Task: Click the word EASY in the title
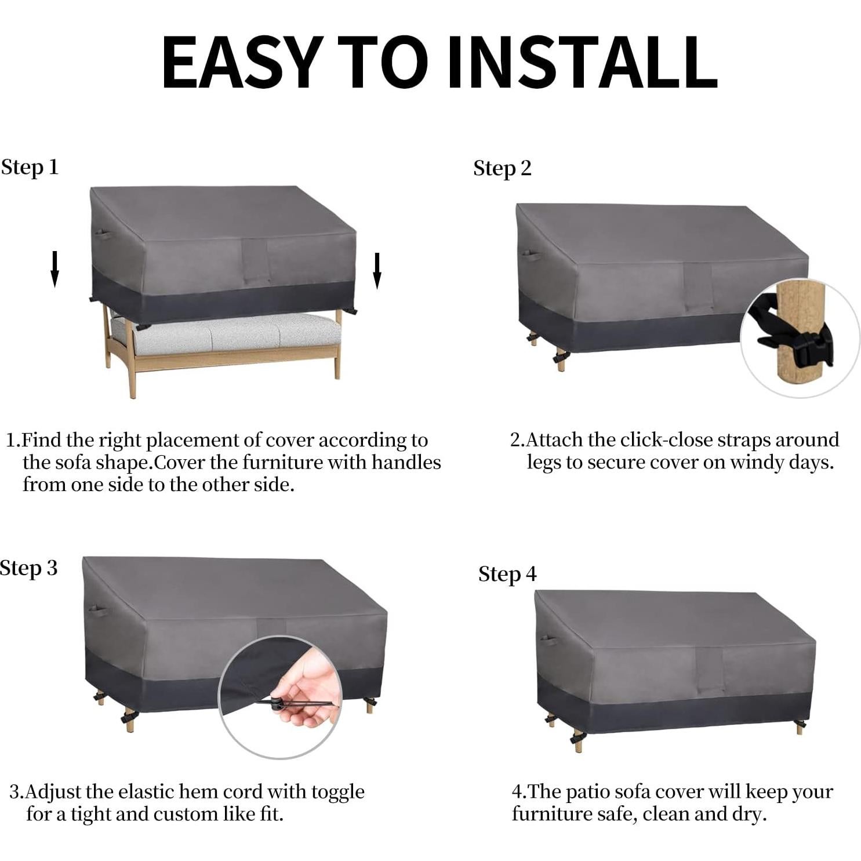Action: pyautogui.click(x=241, y=62)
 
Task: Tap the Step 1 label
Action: pyautogui.click(x=30, y=167)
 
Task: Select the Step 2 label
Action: pyautogui.click(x=502, y=168)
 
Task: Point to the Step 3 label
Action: pyautogui.click(x=29, y=568)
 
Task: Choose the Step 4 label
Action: pyautogui.click(x=507, y=574)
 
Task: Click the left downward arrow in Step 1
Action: pyautogui.click(x=55, y=269)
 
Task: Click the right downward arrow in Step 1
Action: pyautogui.click(x=377, y=270)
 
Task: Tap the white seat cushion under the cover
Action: pyautogui.click(x=232, y=333)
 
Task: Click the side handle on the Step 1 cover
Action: pyautogui.click(x=103, y=234)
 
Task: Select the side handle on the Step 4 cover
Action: pyautogui.click(x=548, y=640)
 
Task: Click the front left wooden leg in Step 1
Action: pyautogui.click(x=132, y=371)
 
